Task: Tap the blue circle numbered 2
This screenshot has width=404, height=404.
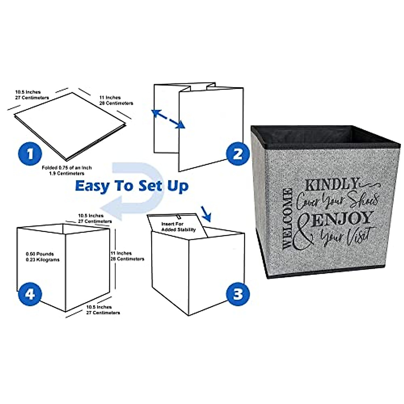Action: [238, 154]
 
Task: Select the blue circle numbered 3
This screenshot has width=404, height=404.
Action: [238, 294]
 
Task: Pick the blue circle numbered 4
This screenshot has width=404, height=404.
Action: [30, 294]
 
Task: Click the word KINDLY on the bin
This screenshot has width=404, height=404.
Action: [332, 184]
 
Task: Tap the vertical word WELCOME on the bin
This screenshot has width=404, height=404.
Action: [287, 219]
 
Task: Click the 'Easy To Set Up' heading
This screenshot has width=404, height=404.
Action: [132, 186]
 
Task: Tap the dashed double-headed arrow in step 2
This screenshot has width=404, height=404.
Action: [168, 119]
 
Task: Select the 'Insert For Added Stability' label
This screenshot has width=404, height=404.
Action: [178, 227]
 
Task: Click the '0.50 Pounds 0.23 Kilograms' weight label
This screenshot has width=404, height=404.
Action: [42, 257]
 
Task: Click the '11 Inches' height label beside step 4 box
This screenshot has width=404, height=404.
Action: [127, 256]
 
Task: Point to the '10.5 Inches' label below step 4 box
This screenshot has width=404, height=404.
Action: [103, 310]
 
